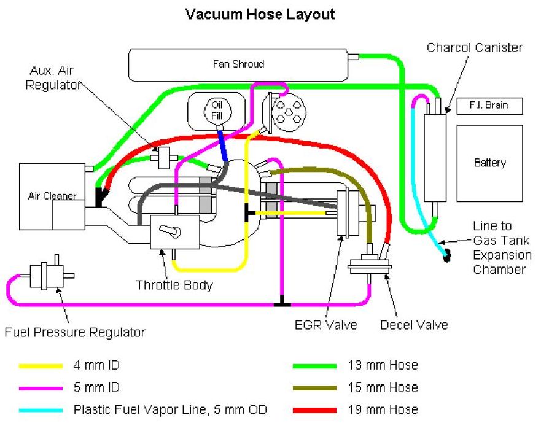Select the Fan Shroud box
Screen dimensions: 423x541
[238, 63]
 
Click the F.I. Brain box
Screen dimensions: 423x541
[490, 106]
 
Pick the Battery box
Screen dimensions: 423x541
[489, 163]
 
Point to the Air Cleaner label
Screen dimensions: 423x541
[52, 196]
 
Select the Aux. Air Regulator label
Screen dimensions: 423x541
[53, 79]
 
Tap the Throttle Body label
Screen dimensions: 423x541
[174, 285]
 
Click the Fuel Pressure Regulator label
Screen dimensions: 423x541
[75, 333]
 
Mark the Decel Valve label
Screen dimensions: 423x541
[414, 324]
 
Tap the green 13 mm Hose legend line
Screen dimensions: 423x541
[315, 366]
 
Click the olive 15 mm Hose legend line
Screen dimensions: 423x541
[315, 388]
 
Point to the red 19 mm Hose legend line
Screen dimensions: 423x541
[315, 410]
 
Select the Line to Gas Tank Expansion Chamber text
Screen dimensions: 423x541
[500, 248]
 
